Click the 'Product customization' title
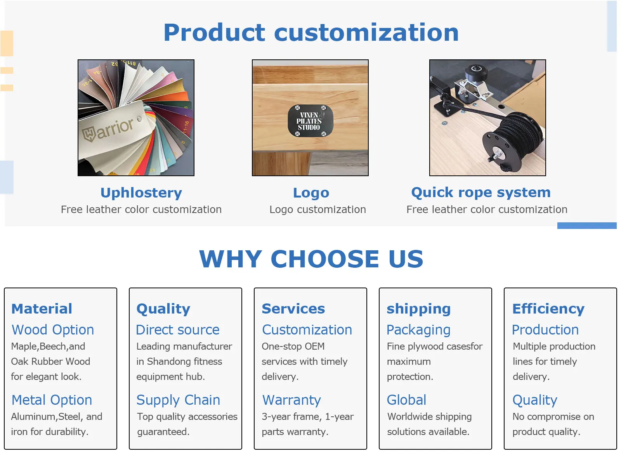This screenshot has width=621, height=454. click(311, 33)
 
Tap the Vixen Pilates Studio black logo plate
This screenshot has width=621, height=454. click(310, 121)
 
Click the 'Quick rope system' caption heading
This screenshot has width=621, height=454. click(481, 192)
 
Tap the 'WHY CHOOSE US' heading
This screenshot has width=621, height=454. click(311, 259)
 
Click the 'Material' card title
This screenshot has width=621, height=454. click(42, 309)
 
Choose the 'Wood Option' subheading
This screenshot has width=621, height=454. click(53, 330)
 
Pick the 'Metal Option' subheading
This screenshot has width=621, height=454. click(52, 400)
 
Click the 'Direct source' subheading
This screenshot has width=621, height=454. click(178, 330)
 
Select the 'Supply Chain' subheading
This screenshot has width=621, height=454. click(178, 400)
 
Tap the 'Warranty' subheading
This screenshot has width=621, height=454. click(291, 400)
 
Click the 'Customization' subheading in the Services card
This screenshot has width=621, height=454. click(307, 330)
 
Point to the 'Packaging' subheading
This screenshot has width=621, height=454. click(418, 330)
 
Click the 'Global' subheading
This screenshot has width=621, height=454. click(406, 400)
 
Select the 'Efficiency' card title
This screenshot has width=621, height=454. click(548, 309)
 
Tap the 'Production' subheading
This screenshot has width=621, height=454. click(545, 330)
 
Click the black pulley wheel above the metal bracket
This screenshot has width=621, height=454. click(476, 72)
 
